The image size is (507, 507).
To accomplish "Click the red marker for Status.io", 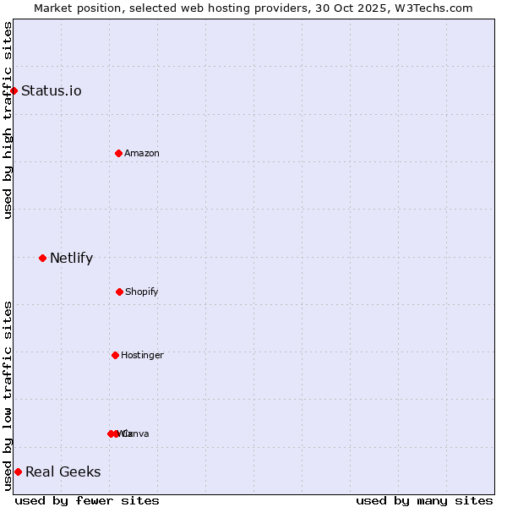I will (14, 90).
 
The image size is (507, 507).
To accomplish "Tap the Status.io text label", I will (52, 91).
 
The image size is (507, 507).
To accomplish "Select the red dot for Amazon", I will (118, 153).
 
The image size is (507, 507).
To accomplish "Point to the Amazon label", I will (142, 154).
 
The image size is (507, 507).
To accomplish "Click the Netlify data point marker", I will (42, 258).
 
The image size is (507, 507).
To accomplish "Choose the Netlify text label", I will (72, 259).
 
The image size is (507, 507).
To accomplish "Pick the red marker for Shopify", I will (119, 292).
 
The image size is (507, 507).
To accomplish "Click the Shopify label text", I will (142, 292).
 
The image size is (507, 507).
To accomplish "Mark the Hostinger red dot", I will (115, 355).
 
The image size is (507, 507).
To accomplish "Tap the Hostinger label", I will (142, 356).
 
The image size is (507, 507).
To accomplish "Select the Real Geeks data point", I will (18, 472).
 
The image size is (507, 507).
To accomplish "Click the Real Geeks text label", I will (63, 472).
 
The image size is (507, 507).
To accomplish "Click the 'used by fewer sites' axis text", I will (87, 500).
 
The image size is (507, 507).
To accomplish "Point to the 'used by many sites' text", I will (424, 500).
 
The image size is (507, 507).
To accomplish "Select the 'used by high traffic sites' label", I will (8, 120).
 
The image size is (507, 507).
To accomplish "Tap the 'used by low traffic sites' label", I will (8, 395).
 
